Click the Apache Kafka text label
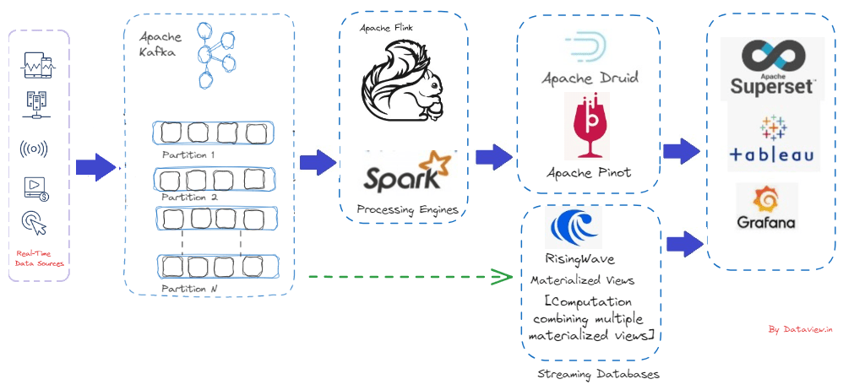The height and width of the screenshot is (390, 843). click(160, 44)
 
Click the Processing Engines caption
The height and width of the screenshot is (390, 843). click(407, 209)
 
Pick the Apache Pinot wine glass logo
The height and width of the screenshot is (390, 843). click(586, 127)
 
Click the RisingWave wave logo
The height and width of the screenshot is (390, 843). click(573, 227)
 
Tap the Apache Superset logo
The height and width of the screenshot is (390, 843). click(773, 69)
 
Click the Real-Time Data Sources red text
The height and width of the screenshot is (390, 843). click(39, 257)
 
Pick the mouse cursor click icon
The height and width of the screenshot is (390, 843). click(35, 224)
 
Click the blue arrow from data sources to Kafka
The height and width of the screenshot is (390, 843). click(95, 167)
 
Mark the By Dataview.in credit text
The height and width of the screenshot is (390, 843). click(800, 329)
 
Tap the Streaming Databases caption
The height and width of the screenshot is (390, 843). click(598, 373)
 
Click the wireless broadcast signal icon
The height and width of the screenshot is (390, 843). click(33, 149)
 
